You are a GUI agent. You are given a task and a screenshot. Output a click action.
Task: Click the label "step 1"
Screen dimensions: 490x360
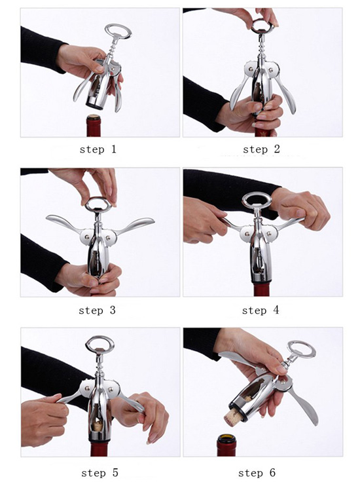click(x=98, y=149)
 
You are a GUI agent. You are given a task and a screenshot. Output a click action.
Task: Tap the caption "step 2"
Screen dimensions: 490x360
click(x=261, y=149)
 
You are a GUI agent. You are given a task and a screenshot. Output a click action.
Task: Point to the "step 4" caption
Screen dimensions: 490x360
click(x=261, y=310)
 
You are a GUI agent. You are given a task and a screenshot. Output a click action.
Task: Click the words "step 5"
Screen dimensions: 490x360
click(x=99, y=472)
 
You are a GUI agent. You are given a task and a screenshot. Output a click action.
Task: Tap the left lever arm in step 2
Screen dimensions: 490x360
click(x=237, y=92)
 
